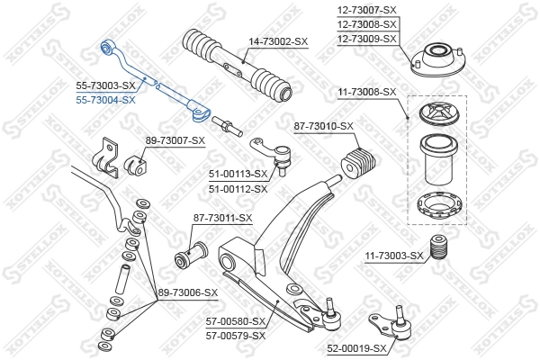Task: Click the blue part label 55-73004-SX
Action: [x=105, y=100]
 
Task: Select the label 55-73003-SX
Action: [x=105, y=86]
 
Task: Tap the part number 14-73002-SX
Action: [x=277, y=42]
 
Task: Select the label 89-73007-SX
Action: [x=175, y=141]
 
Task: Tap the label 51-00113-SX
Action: [x=238, y=174]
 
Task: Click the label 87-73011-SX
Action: [x=222, y=219]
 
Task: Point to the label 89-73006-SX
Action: [x=188, y=292]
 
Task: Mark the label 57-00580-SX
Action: [x=236, y=321]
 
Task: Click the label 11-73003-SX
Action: [x=393, y=256]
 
